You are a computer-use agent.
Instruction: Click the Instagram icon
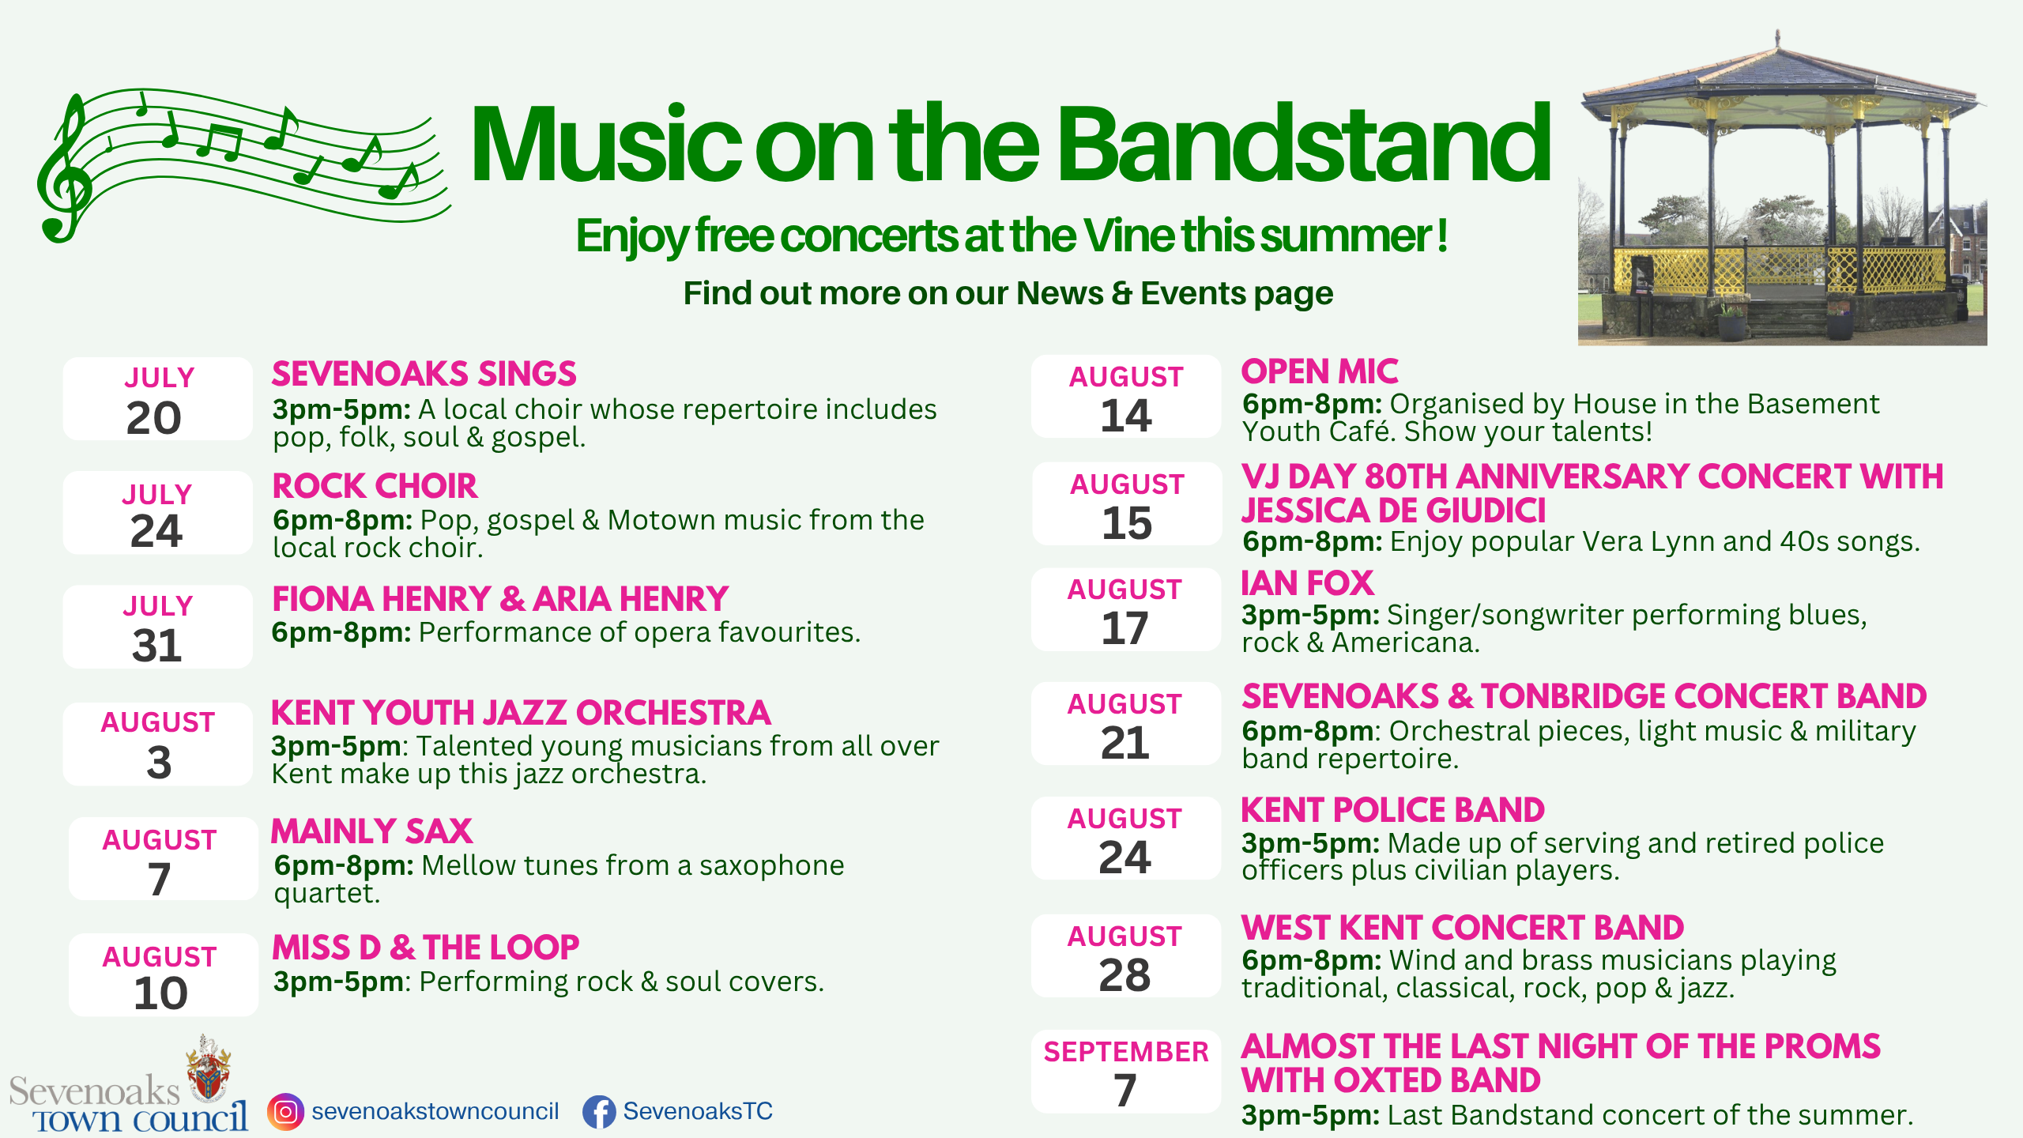285,1112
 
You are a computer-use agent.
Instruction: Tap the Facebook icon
600,1112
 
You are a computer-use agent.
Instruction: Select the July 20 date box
157,398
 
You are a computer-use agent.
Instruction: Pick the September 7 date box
1126,1072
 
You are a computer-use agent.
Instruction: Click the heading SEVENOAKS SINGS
424,374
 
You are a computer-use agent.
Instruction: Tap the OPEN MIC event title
1320,371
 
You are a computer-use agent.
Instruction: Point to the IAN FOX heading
1308,583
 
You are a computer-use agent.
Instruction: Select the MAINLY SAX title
371,831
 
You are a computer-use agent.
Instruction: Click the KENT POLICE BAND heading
1393,810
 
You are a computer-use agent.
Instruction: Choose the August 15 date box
1127,503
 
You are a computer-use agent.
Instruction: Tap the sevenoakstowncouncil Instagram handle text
435,1111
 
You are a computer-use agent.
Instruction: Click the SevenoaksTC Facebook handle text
698,1111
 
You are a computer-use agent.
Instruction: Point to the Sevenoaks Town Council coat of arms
208,1067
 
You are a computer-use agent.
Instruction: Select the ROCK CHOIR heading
375,486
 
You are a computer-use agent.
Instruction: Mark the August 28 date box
1126,955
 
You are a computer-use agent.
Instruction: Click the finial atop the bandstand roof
1778,38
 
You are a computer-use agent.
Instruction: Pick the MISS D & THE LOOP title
426,948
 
